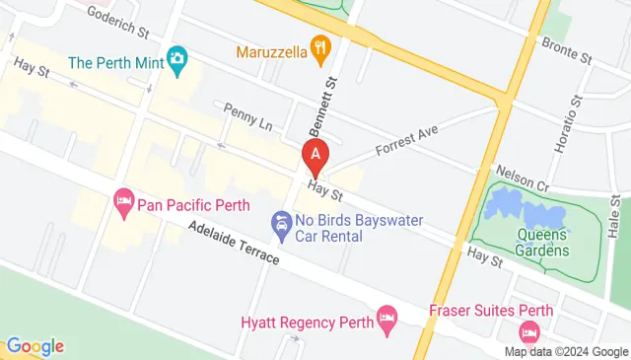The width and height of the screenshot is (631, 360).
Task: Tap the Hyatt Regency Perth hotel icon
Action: coord(387,318)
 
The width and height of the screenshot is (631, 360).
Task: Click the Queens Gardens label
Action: coord(542,242)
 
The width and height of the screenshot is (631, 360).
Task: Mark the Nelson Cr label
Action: coord(522,175)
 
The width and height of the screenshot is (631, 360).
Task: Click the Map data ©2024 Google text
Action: coord(566,351)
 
